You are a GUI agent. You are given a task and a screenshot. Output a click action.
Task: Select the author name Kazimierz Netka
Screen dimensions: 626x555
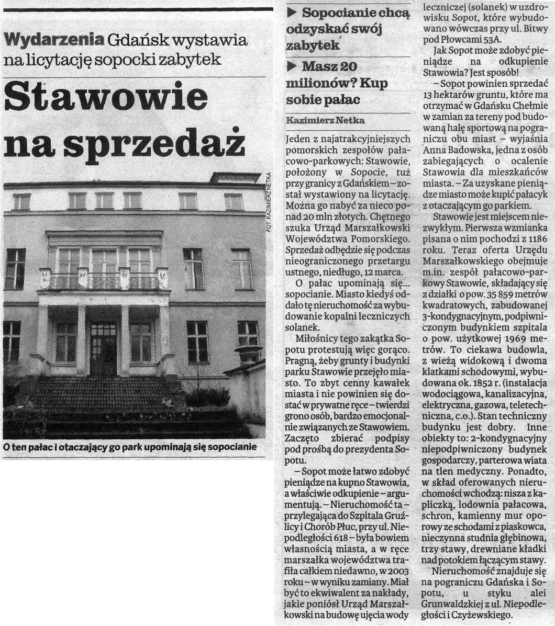326,120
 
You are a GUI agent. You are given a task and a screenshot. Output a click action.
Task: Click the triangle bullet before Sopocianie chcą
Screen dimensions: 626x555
293,12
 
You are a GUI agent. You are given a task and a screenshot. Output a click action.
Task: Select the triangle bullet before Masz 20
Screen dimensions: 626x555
293,66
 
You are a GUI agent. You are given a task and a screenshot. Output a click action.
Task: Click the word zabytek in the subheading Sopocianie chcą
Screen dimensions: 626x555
313,45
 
